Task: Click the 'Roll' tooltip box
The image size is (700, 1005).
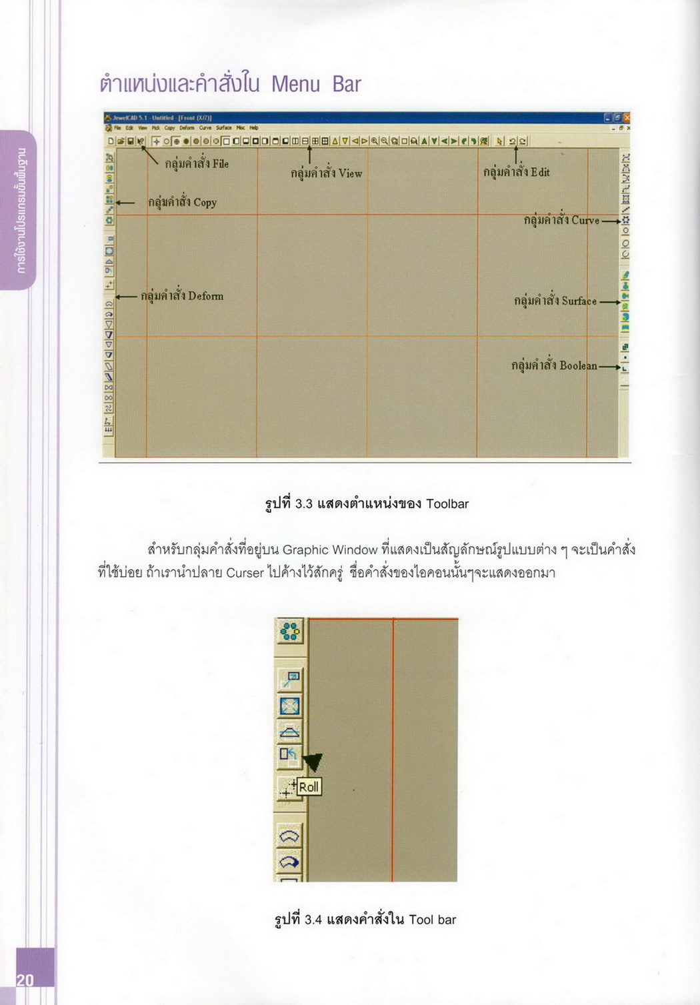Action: pos(309,787)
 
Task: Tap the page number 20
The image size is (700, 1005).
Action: pos(25,980)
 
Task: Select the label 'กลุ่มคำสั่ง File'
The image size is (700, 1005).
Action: pos(197,163)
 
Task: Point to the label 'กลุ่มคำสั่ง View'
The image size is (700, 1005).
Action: pos(326,173)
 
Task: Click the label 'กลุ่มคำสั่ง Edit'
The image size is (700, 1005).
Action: pos(516,172)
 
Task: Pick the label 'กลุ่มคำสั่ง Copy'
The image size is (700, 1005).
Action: pos(182,202)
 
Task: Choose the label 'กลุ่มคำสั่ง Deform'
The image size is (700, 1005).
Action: pos(182,296)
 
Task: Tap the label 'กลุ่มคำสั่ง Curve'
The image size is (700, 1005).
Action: pos(561,220)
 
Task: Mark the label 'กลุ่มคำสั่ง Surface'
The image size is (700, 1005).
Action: pos(555,301)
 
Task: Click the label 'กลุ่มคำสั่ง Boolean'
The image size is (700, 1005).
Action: pos(554,365)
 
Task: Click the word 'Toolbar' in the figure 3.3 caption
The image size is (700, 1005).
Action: pos(447,504)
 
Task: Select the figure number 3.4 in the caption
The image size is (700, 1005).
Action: pos(313,920)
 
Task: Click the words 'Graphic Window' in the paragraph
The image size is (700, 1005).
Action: pos(330,550)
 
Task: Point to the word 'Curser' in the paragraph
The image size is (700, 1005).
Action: pos(245,573)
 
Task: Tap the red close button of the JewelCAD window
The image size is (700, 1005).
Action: pos(627,117)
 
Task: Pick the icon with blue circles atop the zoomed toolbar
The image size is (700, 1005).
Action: pos(290,631)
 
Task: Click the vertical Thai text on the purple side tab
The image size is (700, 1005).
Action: pos(22,211)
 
